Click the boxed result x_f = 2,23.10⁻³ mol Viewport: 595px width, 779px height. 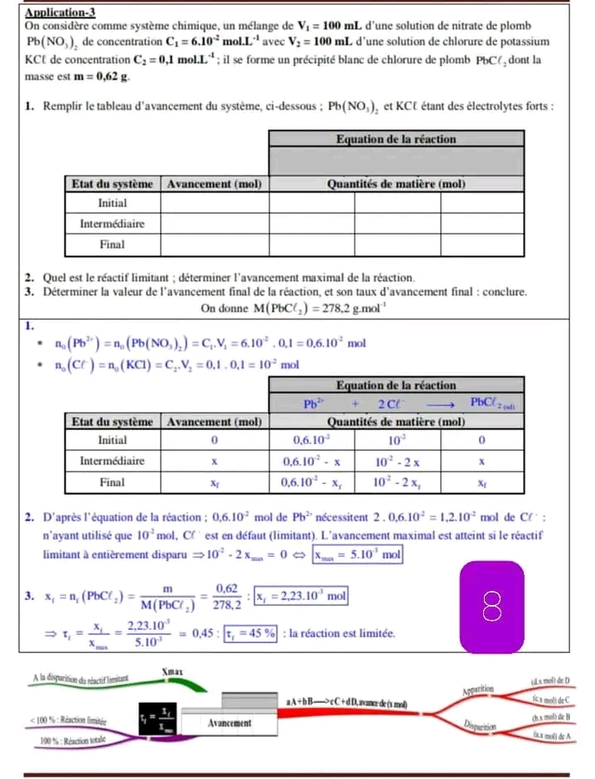pyautogui.click(x=301, y=595)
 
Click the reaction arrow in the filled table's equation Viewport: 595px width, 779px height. pyautogui.click(x=438, y=404)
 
